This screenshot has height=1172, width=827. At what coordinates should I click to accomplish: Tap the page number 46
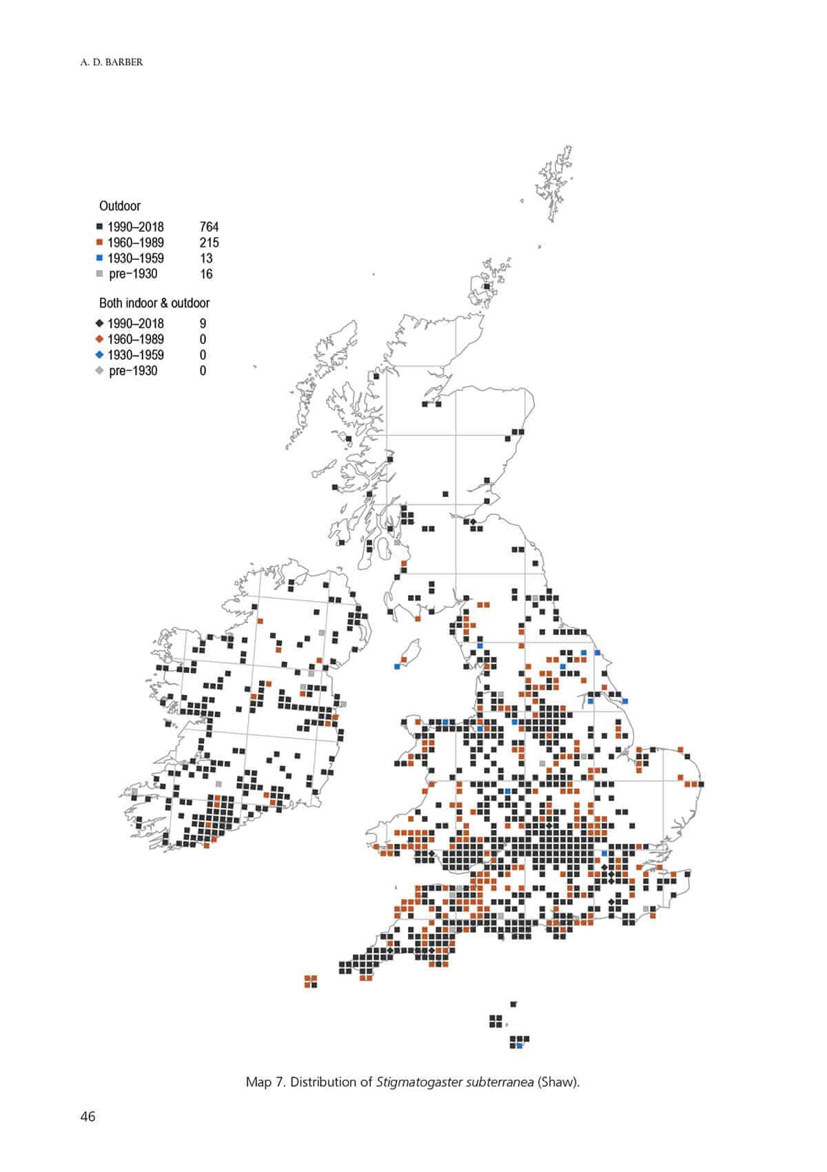click(88, 1117)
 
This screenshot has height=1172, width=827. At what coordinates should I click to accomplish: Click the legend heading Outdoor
click(119, 205)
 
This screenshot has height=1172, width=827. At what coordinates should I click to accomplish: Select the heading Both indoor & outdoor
click(154, 303)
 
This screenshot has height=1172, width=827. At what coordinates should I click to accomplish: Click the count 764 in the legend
click(209, 227)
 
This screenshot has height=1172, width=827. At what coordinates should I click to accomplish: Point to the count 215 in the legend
click(209, 243)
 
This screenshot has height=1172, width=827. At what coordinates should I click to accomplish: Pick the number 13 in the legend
click(206, 259)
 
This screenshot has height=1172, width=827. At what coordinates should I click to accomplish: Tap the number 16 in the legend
click(206, 274)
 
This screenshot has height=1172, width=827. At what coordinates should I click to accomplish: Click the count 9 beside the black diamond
click(203, 323)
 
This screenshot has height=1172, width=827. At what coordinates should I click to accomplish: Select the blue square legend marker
click(99, 259)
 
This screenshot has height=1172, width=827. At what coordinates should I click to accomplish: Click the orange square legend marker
click(99, 243)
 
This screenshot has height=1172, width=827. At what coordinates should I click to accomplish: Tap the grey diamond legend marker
click(99, 371)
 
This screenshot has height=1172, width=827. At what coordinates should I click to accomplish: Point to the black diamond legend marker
click(99, 323)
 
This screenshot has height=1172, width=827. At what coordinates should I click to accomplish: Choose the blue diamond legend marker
click(99, 355)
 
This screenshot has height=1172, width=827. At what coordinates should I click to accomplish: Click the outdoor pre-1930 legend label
click(133, 274)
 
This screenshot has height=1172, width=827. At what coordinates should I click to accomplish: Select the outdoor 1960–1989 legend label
click(135, 243)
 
